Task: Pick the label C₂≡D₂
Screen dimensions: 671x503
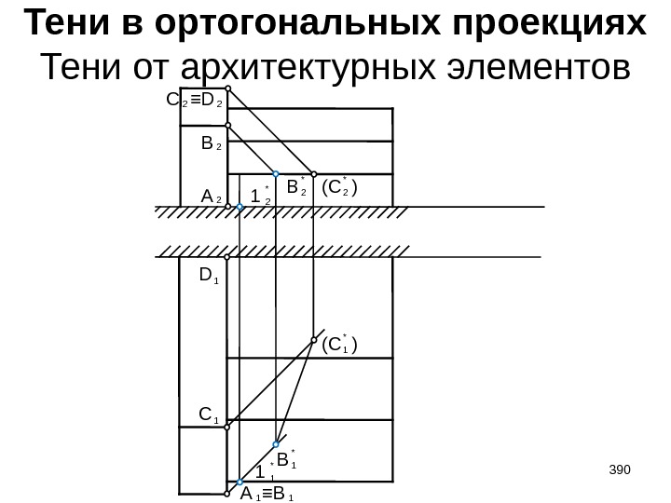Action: click(x=192, y=98)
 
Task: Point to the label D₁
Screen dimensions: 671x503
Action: click(x=208, y=277)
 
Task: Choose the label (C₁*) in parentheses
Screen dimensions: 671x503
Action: click(x=339, y=347)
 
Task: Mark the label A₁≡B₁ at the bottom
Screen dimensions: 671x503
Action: click(x=267, y=495)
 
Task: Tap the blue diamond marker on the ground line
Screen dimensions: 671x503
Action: click(x=240, y=211)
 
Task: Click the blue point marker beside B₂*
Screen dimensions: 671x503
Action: click(x=277, y=173)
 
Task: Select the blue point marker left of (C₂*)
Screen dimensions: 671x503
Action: click(x=314, y=173)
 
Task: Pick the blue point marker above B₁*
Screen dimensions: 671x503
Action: click(x=277, y=445)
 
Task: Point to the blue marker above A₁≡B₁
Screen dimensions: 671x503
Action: click(x=240, y=483)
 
